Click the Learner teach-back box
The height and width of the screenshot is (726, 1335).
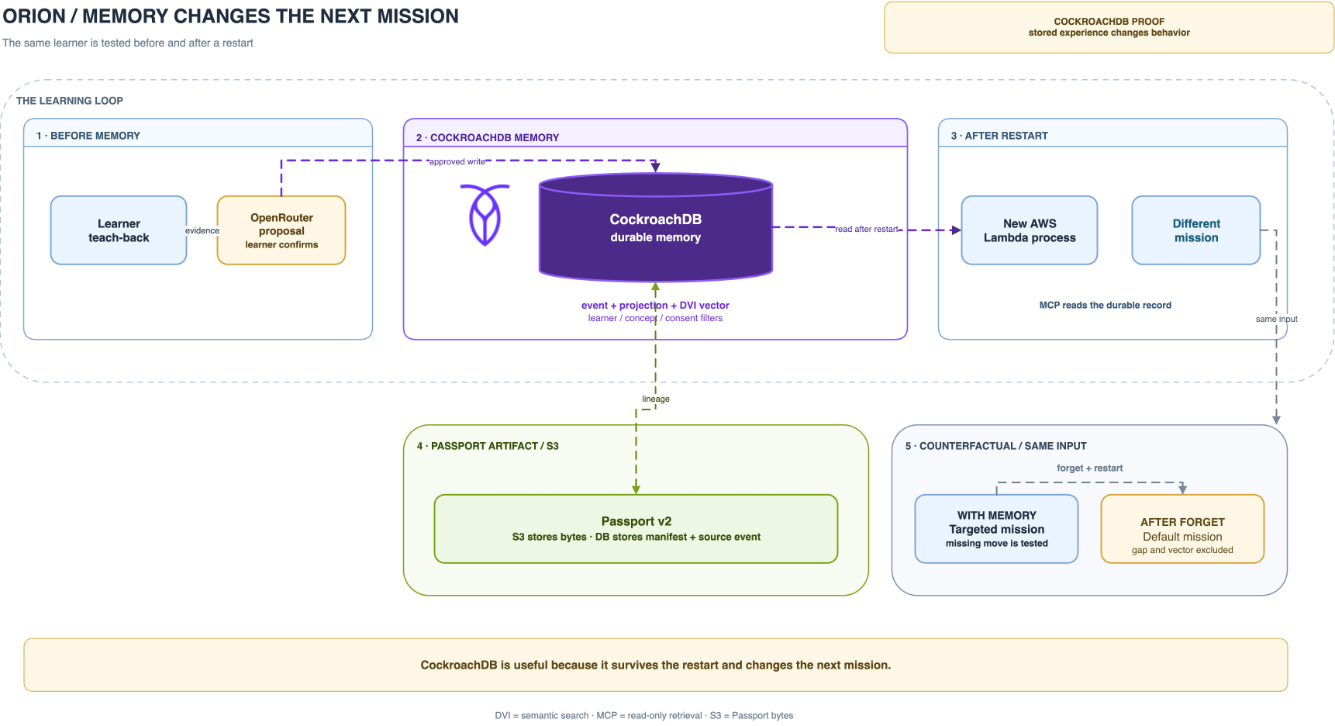pos(119,230)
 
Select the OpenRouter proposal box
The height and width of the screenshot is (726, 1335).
pos(281,230)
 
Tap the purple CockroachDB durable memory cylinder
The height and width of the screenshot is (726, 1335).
pos(656,227)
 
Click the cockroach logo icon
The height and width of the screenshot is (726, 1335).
pos(485,215)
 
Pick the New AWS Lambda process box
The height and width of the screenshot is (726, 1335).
pos(1030,230)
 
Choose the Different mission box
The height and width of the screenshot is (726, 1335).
pos(1196,230)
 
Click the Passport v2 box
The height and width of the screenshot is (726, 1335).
pos(636,529)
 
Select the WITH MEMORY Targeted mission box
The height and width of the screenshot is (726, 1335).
pos(996,529)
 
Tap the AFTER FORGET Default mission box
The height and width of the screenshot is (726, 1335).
pos(1182,529)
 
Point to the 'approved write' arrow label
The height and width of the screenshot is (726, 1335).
pos(457,161)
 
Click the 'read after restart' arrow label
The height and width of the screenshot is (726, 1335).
pos(867,229)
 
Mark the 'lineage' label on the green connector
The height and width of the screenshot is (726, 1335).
pos(656,399)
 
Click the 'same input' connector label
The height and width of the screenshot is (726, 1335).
pos(1276,319)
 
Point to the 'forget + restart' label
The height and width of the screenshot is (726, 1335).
pos(1089,468)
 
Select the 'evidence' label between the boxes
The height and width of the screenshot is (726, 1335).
pos(202,230)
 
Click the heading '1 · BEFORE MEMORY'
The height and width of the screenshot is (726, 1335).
pos(88,136)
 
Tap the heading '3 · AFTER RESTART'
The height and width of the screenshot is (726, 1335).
pos(999,136)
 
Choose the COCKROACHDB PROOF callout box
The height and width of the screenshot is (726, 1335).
pos(1109,27)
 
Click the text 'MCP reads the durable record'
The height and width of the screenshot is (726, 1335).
pos(1105,305)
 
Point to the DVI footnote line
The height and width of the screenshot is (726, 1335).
pos(643,715)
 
